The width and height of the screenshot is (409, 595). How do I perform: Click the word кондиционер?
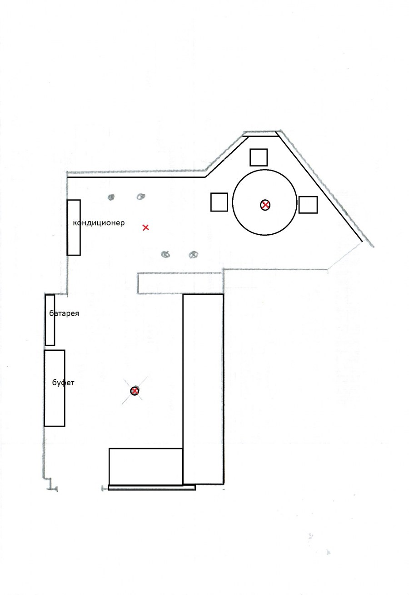click(x=99, y=222)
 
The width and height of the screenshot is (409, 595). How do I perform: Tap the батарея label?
click(x=64, y=313)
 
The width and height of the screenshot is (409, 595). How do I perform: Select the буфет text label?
click(x=63, y=383)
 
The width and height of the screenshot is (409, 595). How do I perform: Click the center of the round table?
click(x=264, y=202)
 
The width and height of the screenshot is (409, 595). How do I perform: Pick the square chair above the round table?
click(x=258, y=157)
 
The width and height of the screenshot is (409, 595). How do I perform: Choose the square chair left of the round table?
click(x=219, y=202)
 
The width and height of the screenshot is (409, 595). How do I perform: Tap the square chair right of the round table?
click(x=308, y=205)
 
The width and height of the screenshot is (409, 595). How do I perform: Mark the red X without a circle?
click(x=145, y=227)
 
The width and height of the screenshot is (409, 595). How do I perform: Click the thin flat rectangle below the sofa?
click(x=151, y=488)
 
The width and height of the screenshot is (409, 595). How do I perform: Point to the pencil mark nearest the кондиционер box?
click(x=111, y=197)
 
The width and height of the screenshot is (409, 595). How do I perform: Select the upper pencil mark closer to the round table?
click(x=141, y=197)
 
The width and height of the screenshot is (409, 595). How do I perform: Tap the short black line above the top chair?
click(x=260, y=136)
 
